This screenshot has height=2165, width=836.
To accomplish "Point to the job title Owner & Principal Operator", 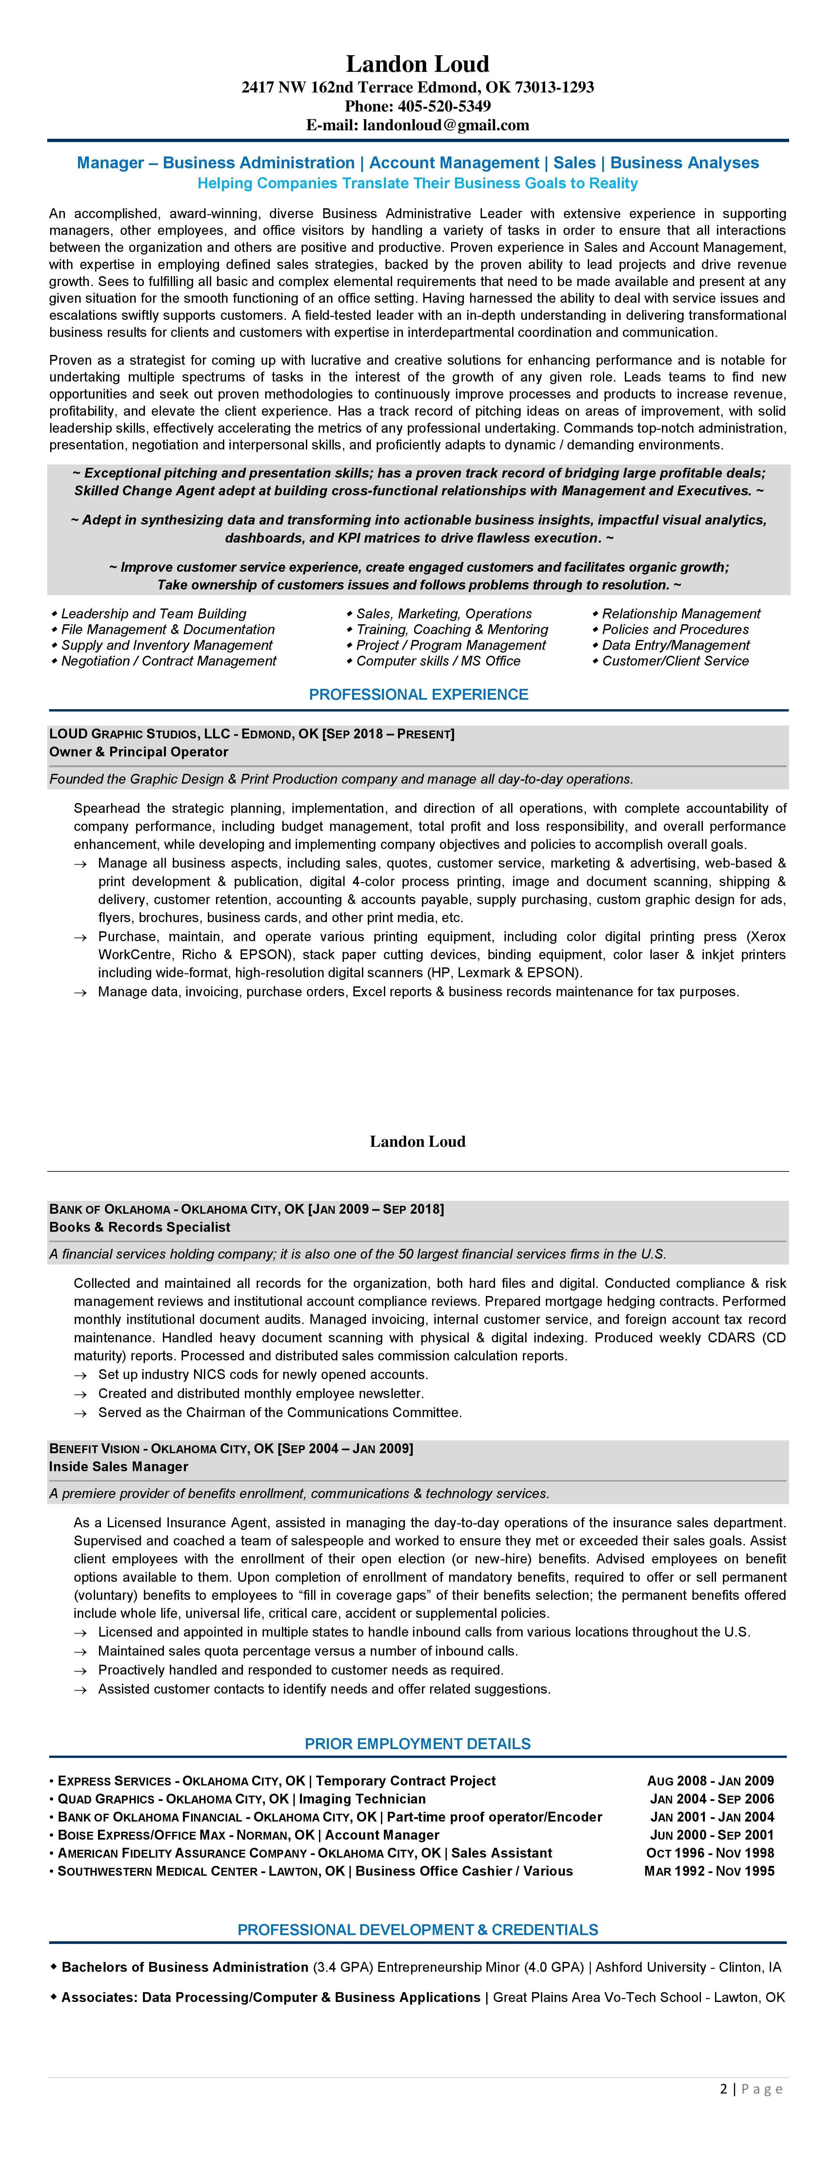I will click(x=139, y=752).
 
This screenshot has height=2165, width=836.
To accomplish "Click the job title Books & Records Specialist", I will click(x=139, y=1227).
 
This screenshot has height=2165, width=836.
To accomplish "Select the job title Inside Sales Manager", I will click(x=118, y=1467).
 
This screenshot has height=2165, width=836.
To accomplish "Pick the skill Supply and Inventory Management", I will click(x=166, y=646).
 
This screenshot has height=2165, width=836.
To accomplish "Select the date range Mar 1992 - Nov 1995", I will click(x=709, y=1871).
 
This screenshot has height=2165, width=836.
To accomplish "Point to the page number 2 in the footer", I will click(x=724, y=2089).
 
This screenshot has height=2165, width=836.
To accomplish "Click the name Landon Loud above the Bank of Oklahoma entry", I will click(x=418, y=1141).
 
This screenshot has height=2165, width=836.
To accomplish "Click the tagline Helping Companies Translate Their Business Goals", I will click(x=418, y=183).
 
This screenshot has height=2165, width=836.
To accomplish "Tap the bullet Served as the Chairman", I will click(x=280, y=1413).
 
